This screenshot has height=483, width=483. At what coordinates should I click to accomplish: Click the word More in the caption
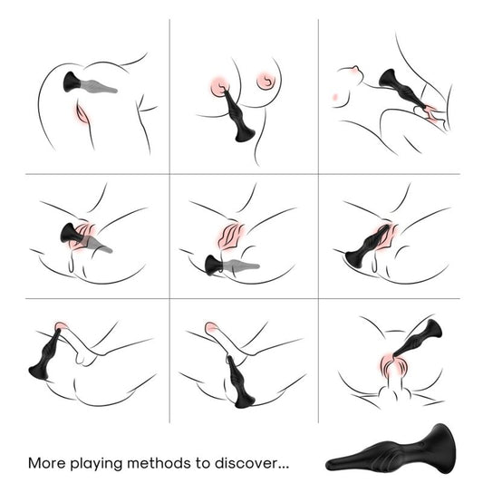tap(47, 462)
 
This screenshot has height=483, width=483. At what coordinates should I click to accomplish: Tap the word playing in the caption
tap(97, 463)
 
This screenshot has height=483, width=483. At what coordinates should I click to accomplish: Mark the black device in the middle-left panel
tap(72, 237)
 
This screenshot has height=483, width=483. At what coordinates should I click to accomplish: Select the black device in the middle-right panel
tap(363, 250)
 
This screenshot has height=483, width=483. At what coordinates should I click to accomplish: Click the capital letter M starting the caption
tap(34, 462)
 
